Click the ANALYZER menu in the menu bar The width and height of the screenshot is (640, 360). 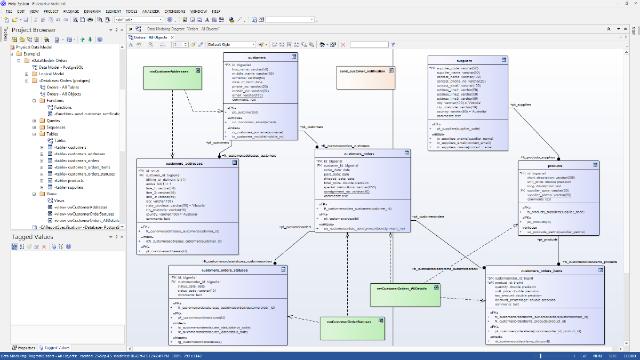151,11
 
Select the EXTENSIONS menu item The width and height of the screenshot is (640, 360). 175,11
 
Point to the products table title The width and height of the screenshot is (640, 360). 555,166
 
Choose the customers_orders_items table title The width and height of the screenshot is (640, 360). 541,270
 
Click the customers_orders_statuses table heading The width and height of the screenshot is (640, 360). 225,270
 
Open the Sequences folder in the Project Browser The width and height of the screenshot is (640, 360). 56,127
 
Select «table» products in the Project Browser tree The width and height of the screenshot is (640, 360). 69,181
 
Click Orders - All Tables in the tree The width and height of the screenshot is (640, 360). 62,87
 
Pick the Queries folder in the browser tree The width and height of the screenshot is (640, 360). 53,121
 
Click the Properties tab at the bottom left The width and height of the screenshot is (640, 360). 24,348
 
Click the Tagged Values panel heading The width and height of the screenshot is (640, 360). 33,237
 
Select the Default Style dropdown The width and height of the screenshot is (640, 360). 231,45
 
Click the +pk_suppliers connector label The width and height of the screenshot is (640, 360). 521,105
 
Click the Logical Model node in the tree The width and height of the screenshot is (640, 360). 51,74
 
